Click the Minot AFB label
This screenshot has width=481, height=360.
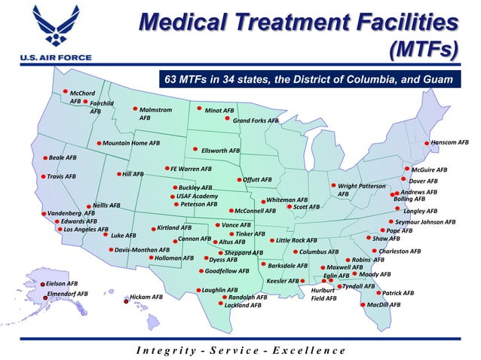219,110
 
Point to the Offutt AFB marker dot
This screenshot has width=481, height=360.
239,180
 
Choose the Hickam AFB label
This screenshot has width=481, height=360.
146,297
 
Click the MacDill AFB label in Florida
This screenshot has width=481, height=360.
384,305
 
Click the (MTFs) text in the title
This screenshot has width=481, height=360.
424,49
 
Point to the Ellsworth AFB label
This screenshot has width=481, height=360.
220,151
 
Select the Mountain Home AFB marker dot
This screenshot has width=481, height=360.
99,143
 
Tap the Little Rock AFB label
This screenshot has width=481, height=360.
296,241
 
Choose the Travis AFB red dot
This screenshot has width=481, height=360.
43,176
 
